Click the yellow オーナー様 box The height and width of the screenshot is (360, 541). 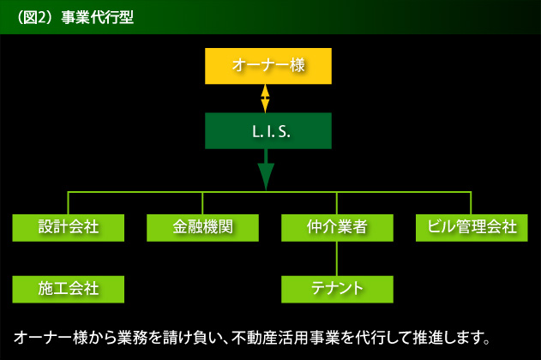tap(268, 66)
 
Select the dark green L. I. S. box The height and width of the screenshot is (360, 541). tap(268, 130)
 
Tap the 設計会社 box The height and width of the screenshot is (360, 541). tap(69, 228)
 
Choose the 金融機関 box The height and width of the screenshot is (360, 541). tap(202, 228)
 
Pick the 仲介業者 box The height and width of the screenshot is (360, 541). tap(337, 228)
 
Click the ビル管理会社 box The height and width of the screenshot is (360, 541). tap(472, 228)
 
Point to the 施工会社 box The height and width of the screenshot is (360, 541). tap(69, 290)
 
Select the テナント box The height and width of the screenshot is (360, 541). tap(337, 290)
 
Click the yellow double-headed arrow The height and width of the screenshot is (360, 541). tap(265, 99)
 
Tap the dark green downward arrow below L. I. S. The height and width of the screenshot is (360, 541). tap(266, 170)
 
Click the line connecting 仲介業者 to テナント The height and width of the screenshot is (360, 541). tap(337, 259)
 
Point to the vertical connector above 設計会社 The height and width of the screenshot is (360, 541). tap(68, 203)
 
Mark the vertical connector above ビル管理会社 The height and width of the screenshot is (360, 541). tap(471, 203)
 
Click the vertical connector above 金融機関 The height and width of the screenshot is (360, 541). tap(202, 203)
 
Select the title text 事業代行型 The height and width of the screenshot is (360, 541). tap(97, 17)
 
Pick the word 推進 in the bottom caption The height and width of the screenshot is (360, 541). tap(428, 338)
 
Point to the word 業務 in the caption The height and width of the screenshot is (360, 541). tap(132, 338)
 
